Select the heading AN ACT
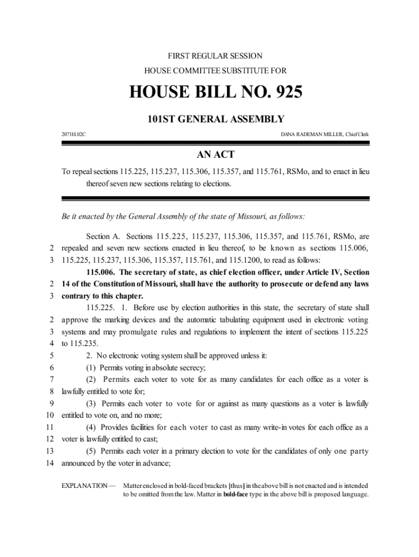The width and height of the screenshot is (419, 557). pos(215,154)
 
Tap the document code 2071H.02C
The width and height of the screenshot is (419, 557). pos(73,134)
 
